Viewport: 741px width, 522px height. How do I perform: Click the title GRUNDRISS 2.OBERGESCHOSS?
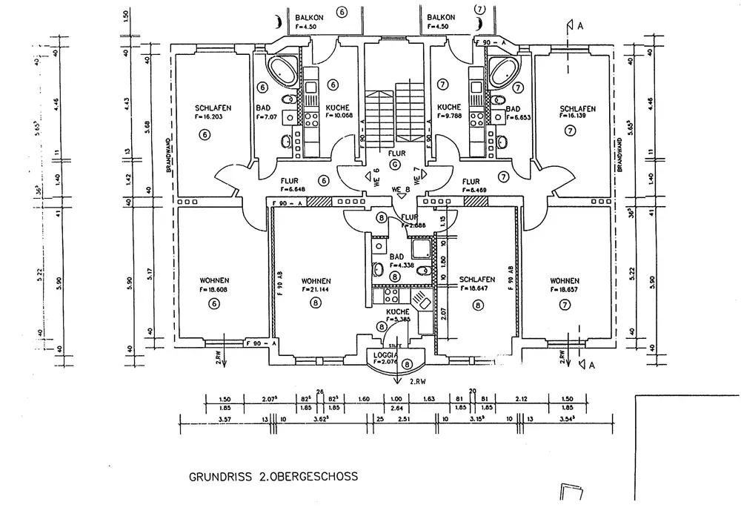coord(273,477)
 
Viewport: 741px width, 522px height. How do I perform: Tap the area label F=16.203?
coord(208,117)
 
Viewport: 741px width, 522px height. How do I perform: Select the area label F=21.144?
coord(316,289)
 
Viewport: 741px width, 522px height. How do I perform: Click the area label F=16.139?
coord(576,117)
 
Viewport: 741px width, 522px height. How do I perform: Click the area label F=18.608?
coord(214,289)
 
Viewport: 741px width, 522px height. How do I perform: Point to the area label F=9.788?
coord(449,116)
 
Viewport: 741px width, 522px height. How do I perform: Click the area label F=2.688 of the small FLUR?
coord(410,225)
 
